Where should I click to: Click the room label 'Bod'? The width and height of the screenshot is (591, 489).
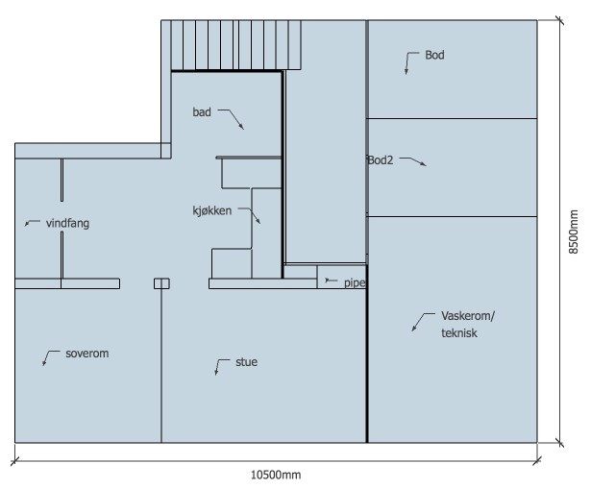pyautogui.click(x=434, y=55)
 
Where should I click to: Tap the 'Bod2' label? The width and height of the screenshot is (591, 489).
pyautogui.click(x=381, y=160)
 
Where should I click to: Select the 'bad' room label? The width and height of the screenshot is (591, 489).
pyautogui.click(x=202, y=111)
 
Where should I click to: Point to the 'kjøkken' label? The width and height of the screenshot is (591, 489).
pyautogui.click(x=212, y=210)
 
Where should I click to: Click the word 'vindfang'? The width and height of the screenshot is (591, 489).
pyautogui.click(x=68, y=224)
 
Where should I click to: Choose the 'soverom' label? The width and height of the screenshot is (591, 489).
pyautogui.click(x=87, y=354)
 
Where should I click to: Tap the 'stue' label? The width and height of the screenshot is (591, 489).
pyautogui.click(x=247, y=362)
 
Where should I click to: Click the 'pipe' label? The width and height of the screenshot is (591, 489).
pyautogui.click(x=355, y=282)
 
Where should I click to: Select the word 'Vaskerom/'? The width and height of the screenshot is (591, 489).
pyautogui.click(x=468, y=316)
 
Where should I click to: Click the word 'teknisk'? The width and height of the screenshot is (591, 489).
pyautogui.click(x=459, y=333)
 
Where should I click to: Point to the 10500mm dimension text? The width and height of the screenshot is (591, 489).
pyautogui.click(x=276, y=475)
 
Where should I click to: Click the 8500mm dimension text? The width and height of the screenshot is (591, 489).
pyautogui.click(x=573, y=232)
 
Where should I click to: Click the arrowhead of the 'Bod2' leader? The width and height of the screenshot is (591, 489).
pyautogui.click(x=425, y=164)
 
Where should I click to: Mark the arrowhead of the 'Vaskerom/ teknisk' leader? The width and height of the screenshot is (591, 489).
pyautogui.click(x=413, y=330)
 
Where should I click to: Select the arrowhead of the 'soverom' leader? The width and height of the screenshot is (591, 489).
pyautogui.click(x=43, y=364)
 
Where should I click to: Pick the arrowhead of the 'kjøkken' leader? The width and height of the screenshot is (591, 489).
pyautogui.click(x=259, y=222)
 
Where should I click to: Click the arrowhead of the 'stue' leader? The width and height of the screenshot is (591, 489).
pyautogui.click(x=216, y=373)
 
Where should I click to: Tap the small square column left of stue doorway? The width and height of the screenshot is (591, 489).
pyautogui.click(x=161, y=283)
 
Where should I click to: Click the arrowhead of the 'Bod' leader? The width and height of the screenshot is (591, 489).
pyautogui.click(x=406, y=72)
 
